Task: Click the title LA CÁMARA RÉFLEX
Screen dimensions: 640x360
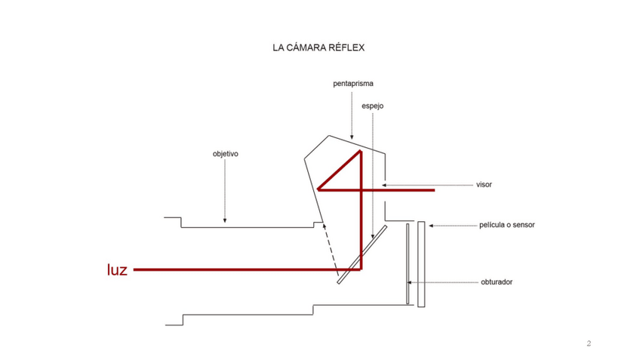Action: [318, 48]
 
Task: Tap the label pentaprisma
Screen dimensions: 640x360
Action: [353, 84]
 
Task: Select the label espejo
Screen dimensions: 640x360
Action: [372, 106]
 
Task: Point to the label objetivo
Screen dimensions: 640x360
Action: [225, 154]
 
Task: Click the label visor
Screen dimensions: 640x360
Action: [484, 184]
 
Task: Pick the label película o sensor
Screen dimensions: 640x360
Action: [507, 225]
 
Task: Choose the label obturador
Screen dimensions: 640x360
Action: [497, 282]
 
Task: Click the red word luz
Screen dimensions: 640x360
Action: [117, 269]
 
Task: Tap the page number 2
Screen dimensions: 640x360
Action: [589, 344]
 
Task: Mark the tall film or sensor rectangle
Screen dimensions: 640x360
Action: [421, 264]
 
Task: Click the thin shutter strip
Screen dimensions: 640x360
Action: [408, 264]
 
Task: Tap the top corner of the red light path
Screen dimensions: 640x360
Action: [362, 152]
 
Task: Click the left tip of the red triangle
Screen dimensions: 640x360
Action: [318, 189]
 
